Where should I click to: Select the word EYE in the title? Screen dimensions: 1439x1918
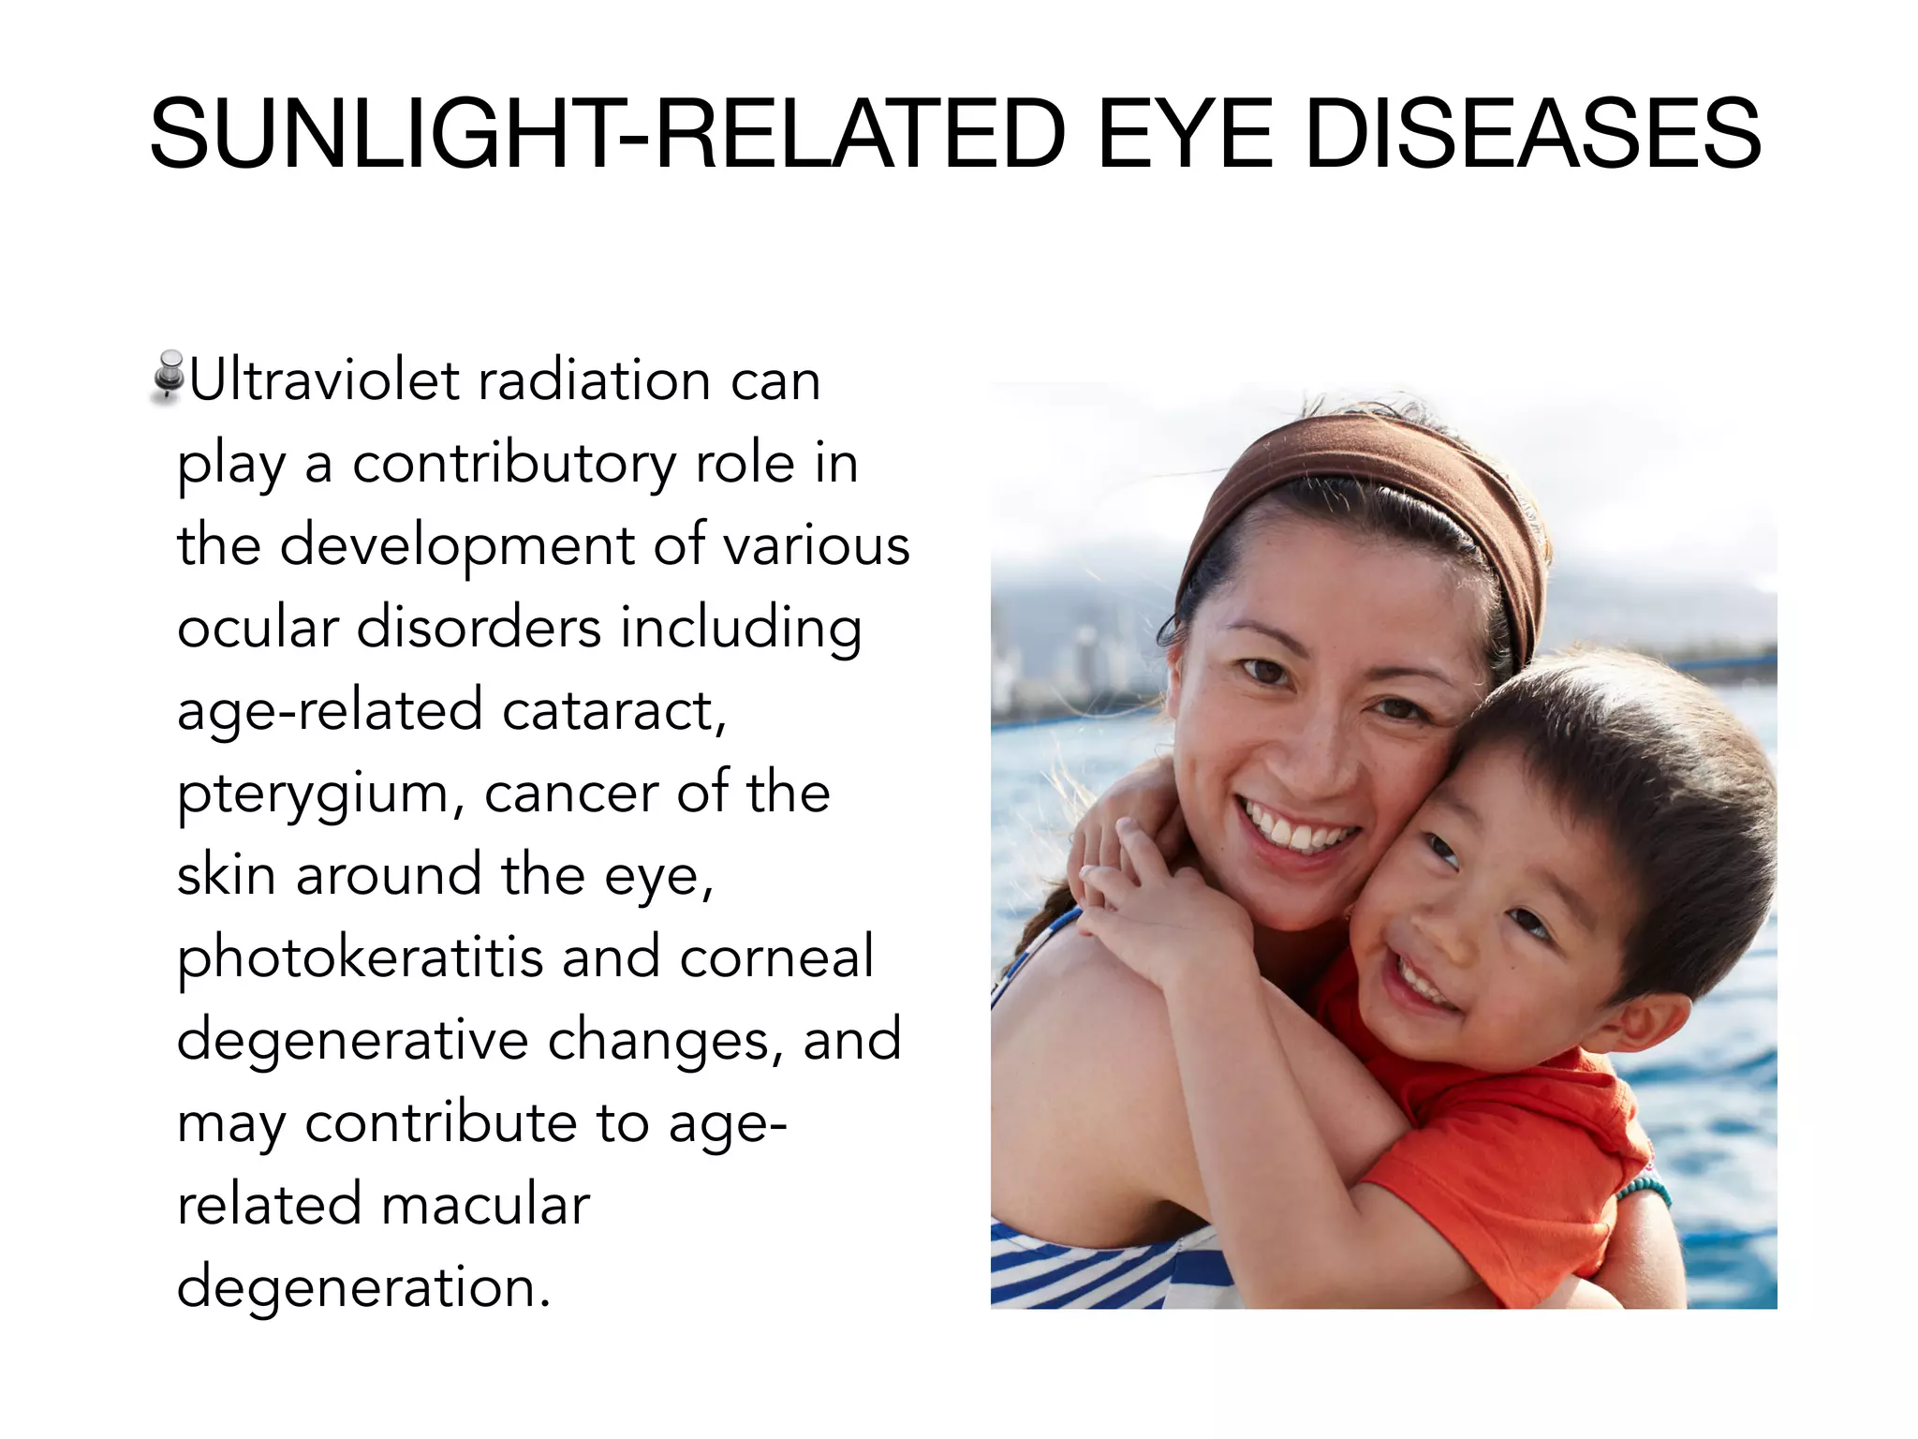click(x=1186, y=135)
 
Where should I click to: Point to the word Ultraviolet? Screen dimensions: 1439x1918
click(x=324, y=380)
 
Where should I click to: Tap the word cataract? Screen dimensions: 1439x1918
click(x=613, y=710)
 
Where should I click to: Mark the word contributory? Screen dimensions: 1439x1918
click(x=513, y=465)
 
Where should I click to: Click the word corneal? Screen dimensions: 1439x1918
click(x=776, y=957)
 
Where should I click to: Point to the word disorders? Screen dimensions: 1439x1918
click(x=479, y=628)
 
